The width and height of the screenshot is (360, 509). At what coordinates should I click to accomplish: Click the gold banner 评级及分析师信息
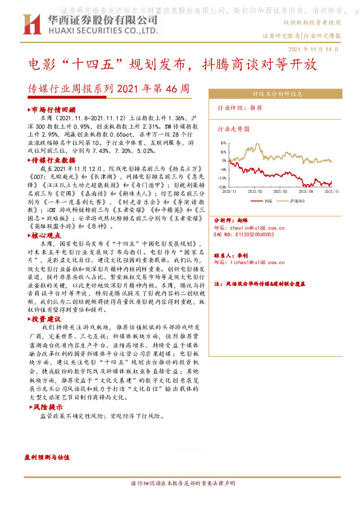(277, 94)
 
